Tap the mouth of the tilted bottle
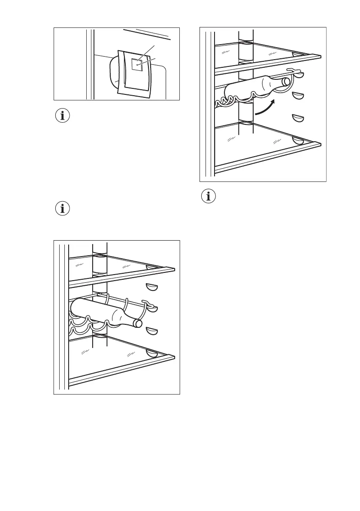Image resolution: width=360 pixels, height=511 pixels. tap(285, 82)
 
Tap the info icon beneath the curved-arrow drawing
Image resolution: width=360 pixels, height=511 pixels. tap(209, 197)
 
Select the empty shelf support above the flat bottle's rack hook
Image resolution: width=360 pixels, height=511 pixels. tap(151, 286)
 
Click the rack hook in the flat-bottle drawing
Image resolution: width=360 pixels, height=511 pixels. tap(148, 305)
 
